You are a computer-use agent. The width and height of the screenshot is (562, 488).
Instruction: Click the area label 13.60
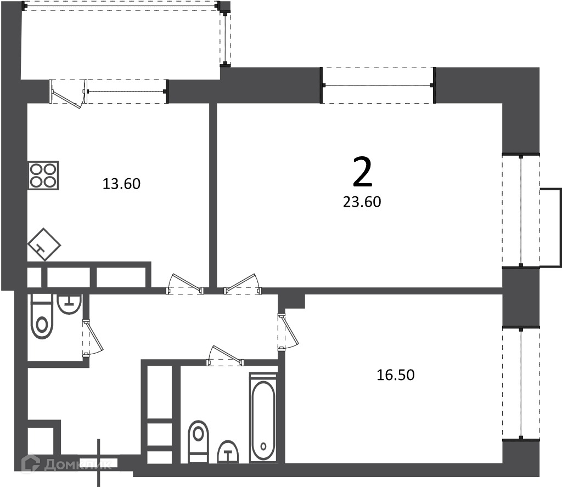click(121, 184)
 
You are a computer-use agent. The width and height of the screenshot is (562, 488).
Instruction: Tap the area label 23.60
click(362, 202)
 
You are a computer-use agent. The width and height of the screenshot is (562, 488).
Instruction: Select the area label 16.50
click(396, 375)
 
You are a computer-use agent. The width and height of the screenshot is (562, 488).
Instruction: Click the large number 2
click(363, 172)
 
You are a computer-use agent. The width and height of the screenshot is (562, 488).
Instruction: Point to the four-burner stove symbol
click(43, 175)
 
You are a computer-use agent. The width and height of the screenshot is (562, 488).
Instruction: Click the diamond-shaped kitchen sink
click(44, 245)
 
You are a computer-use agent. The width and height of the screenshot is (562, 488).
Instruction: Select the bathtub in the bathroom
click(263, 417)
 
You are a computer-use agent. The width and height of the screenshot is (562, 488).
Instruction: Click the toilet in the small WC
click(42, 317)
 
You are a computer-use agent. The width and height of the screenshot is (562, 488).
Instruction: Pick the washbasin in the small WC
click(69, 304)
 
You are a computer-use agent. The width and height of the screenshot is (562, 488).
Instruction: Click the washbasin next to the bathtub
click(228, 451)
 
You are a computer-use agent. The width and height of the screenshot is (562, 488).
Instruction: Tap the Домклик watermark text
click(78, 464)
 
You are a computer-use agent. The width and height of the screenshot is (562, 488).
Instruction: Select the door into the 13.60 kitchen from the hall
click(186, 284)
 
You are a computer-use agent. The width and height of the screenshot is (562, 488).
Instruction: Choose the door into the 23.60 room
click(243, 284)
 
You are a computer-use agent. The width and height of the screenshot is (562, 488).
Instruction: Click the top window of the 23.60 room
click(378, 85)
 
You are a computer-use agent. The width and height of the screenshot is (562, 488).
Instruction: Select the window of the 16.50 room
click(521, 383)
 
